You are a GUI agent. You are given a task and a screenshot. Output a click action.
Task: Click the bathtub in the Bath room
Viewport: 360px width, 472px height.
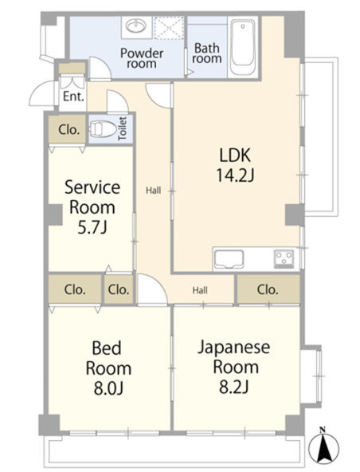tap(243, 47)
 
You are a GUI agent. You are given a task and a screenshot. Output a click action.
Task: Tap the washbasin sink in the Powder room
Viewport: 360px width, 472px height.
tap(136, 26)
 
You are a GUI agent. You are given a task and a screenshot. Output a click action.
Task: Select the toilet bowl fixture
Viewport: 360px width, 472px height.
tap(103, 129)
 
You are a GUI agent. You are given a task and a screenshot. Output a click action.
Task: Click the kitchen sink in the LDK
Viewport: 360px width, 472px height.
tap(229, 259)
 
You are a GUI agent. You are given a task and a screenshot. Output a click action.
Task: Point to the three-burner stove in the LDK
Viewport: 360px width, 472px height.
tap(284, 258)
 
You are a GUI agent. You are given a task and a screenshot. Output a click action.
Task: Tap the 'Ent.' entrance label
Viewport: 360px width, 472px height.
tap(73, 96)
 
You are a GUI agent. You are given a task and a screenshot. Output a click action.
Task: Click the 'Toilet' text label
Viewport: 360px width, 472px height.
tap(123, 128)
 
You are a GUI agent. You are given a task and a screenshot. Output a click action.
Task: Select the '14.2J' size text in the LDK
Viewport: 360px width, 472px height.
tap(236, 175)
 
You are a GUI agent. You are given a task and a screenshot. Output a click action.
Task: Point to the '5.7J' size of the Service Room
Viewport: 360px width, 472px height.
tap(92, 227)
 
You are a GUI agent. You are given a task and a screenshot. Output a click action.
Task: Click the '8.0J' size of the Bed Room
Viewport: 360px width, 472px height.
tap(108, 388)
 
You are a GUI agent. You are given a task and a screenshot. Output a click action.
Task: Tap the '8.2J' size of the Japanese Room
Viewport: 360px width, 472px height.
tap(234, 387)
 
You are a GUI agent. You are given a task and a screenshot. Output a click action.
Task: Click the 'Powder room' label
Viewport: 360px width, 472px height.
tap(142, 58)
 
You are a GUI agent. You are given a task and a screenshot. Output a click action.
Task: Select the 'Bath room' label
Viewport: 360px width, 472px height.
tap(206, 53)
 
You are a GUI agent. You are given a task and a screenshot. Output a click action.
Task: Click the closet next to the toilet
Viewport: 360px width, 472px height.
tap(68, 130)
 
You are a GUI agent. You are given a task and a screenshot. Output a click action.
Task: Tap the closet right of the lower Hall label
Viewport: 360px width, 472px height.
tap(268, 289)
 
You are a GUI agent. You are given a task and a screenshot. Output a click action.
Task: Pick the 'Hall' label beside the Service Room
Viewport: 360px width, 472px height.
tap(154, 191)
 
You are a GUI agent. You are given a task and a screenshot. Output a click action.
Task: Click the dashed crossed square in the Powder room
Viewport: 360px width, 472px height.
tap(168, 27)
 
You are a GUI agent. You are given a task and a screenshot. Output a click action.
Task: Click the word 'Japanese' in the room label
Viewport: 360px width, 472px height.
tap(233, 348)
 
